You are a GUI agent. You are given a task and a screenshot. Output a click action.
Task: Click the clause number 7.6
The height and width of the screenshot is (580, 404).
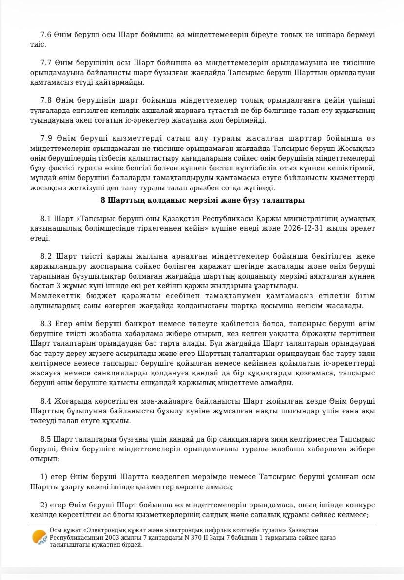click(x=46, y=35)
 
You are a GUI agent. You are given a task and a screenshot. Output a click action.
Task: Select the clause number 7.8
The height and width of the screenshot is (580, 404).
click(x=46, y=101)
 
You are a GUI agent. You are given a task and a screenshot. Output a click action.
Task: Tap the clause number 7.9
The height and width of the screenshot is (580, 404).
click(x=46, y=138)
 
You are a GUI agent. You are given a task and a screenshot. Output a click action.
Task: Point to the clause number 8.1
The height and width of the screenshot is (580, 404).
click(x=46, y=219)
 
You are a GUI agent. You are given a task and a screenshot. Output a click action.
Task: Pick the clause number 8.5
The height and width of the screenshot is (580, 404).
click(x=46, y=439)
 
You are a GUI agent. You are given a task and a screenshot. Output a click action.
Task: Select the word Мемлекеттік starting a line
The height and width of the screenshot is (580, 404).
click(x=52, y=296)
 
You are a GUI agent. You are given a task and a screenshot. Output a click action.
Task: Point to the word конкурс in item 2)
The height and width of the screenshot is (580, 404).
click(x=360, y=505)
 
